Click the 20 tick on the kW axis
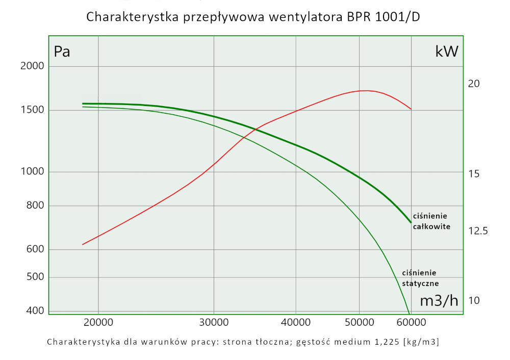[x=474, y=84]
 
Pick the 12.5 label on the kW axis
[x=478, y=231]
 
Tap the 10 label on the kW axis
[x=474, y=300]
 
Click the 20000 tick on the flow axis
[x=98, y=322]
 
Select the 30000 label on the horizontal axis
[x=213, y=322]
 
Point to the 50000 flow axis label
[x=360, y=322]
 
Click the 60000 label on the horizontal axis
[x=411, y=322]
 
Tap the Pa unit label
[x=62, y=52]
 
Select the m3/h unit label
[x=439, y=301]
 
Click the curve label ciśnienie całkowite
[x=431, y=221]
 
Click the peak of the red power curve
[x=365, y=91]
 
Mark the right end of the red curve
[x=411, y=109]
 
